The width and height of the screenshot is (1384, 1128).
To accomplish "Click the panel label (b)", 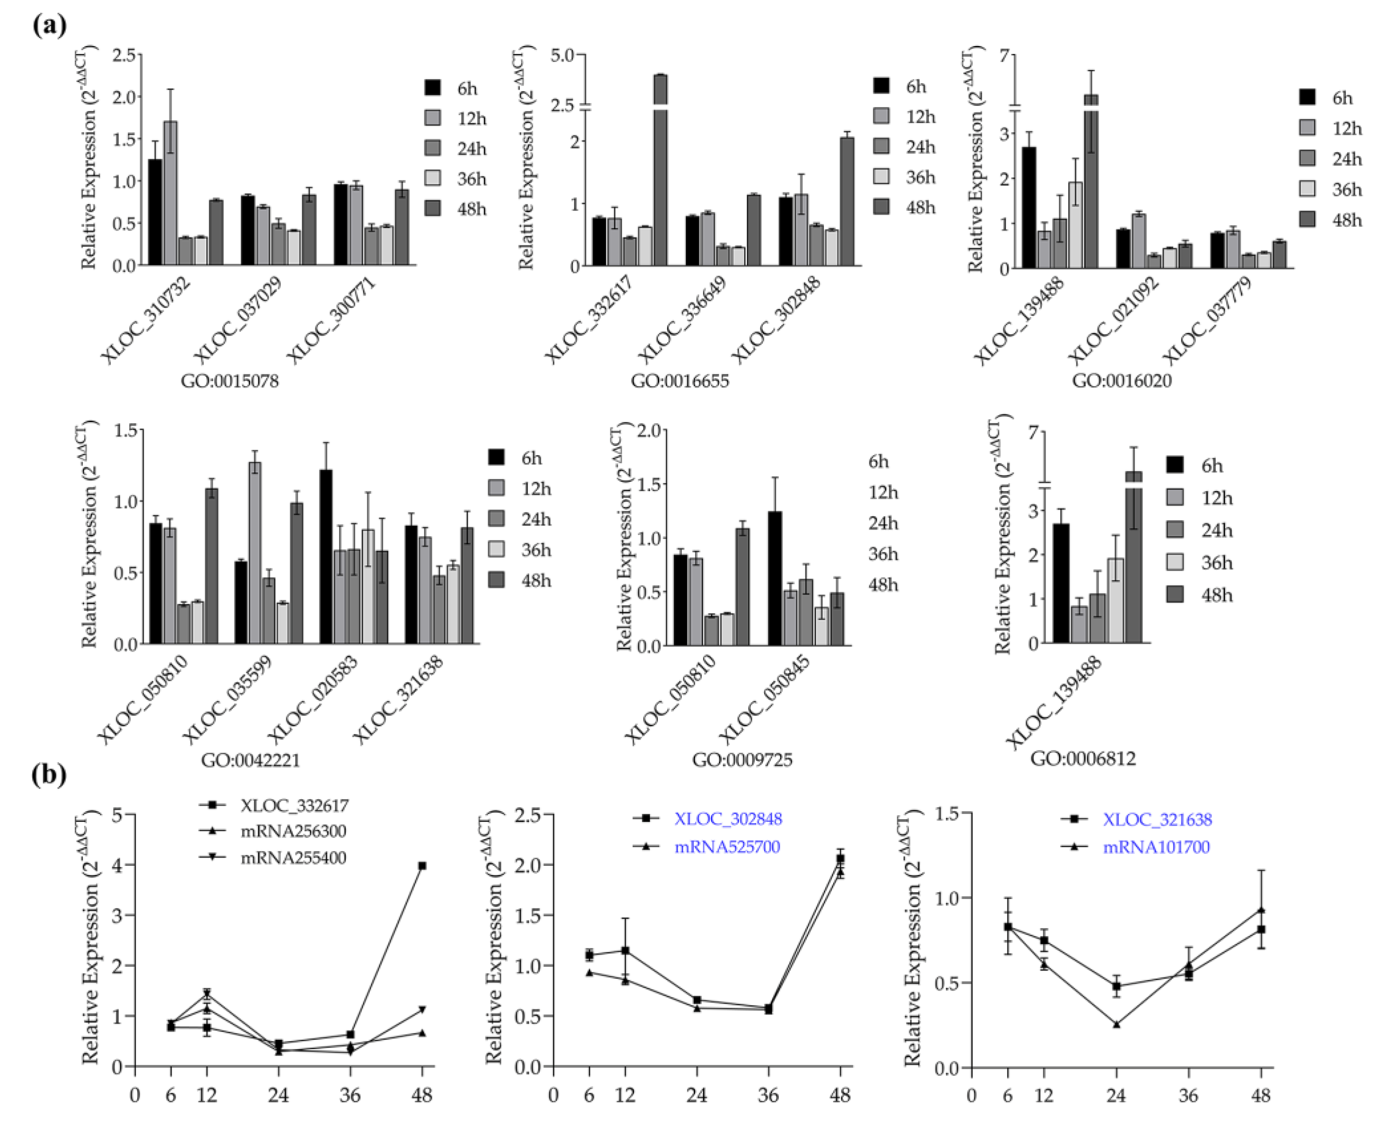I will point(49,775).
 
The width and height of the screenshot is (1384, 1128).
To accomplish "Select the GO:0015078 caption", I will point(229,381).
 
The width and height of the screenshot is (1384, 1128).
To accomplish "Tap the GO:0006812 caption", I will point(1083,758).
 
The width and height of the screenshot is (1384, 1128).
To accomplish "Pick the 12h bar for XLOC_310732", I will point(170,195).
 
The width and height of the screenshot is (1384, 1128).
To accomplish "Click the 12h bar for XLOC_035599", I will point(255,552).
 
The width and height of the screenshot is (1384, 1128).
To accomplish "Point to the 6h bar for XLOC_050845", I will point(775,578).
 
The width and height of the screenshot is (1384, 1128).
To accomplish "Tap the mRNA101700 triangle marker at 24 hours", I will point(1116,1024).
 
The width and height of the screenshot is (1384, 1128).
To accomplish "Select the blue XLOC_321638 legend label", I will point(1157,819).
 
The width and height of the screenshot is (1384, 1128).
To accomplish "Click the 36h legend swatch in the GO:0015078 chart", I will point(432,178).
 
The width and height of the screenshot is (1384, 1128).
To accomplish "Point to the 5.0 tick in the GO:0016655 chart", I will point(563,55).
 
